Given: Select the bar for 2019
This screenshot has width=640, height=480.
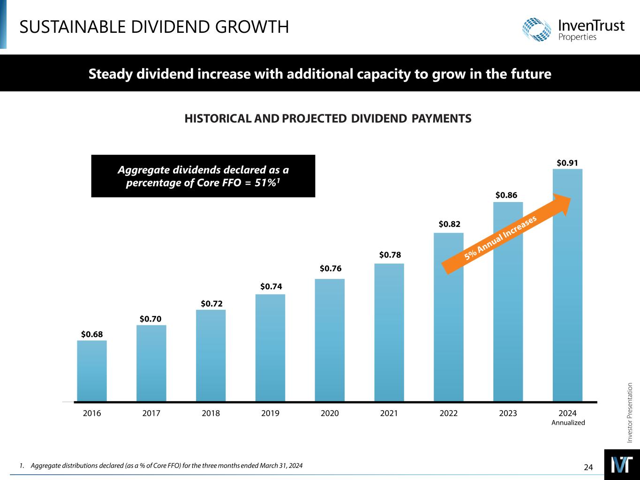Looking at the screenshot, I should tap(270, 347).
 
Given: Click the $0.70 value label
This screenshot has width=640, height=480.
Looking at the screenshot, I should tap(151, 319).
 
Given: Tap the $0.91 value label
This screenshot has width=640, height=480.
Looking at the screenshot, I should tap(568, 163).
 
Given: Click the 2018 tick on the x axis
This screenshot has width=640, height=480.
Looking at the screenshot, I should tap(211, 413).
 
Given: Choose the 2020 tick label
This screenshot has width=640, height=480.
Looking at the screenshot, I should tap(330, 413).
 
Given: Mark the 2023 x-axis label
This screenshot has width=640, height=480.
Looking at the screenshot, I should tap(508, 413).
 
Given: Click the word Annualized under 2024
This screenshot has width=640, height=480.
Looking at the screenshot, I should tap(568, 423).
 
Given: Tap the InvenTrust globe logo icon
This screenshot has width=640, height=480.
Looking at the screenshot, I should tap(538, 30).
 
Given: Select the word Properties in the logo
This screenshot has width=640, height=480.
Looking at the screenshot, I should tap(578, 37).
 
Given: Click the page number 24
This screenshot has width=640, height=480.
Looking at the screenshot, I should tap(588, 467).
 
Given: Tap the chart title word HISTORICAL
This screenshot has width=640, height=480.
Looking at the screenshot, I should tap(218, 119).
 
